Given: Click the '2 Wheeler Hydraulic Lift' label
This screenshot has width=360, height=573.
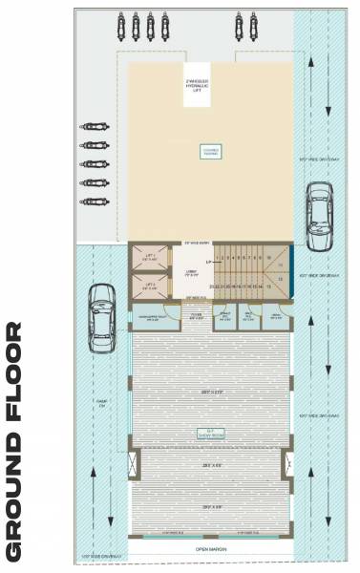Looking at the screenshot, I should (198, 85).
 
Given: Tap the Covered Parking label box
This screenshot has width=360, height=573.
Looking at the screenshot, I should (209, 151).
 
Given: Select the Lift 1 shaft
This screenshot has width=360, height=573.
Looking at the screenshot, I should (149, 259).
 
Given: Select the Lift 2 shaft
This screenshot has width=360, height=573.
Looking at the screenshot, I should (149, 286).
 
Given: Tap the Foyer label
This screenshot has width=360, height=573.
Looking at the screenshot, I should (195, 314).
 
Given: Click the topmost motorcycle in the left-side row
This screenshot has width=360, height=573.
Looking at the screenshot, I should (93, 126).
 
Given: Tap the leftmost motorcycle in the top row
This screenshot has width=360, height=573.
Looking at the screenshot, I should (121, 21).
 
